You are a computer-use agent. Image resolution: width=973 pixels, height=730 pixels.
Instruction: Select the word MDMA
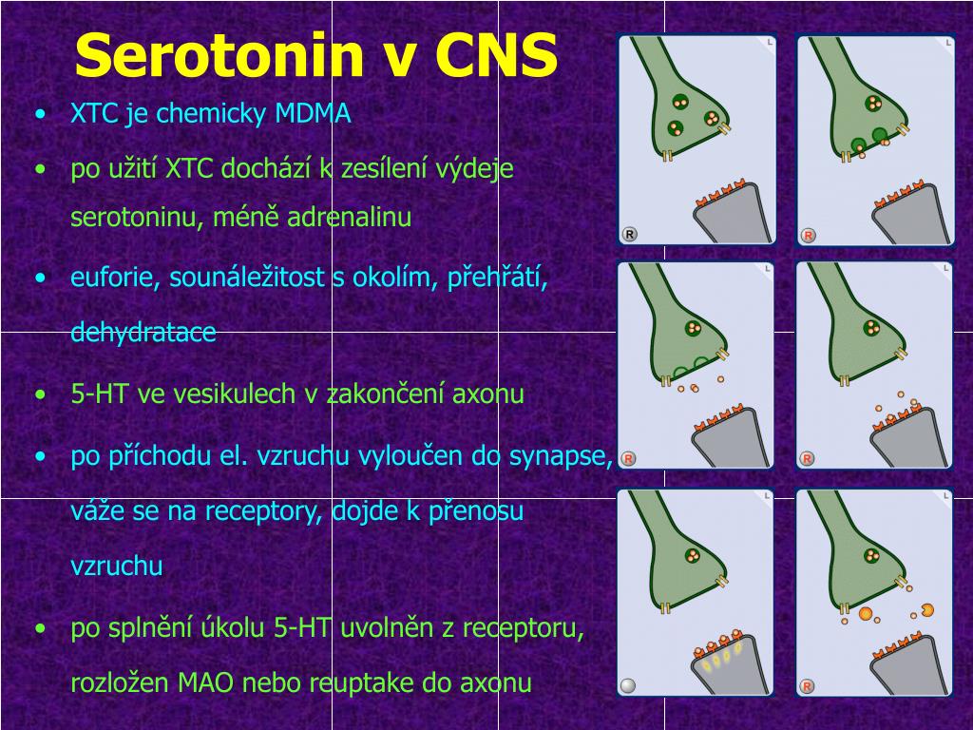point(313,114)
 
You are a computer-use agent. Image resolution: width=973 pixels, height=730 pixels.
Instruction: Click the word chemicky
point(212,115)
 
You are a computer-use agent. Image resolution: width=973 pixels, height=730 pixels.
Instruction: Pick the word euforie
point(115,277)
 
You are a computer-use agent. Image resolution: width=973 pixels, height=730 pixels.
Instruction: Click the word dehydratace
point(143,332)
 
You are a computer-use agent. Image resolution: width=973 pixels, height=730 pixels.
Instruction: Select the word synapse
point(561,456)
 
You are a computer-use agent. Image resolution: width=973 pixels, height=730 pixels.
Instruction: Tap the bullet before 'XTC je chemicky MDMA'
point(41,114)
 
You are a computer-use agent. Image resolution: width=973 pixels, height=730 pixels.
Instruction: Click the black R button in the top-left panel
point(629,235)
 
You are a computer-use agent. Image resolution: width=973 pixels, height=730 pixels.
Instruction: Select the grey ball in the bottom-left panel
point(628,685)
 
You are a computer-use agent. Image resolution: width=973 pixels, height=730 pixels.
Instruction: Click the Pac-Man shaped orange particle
point(927,610)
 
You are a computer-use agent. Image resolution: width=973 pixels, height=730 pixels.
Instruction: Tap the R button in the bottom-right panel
point(807,686)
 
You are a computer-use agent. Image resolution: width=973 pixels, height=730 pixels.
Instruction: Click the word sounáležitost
point(247,277)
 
